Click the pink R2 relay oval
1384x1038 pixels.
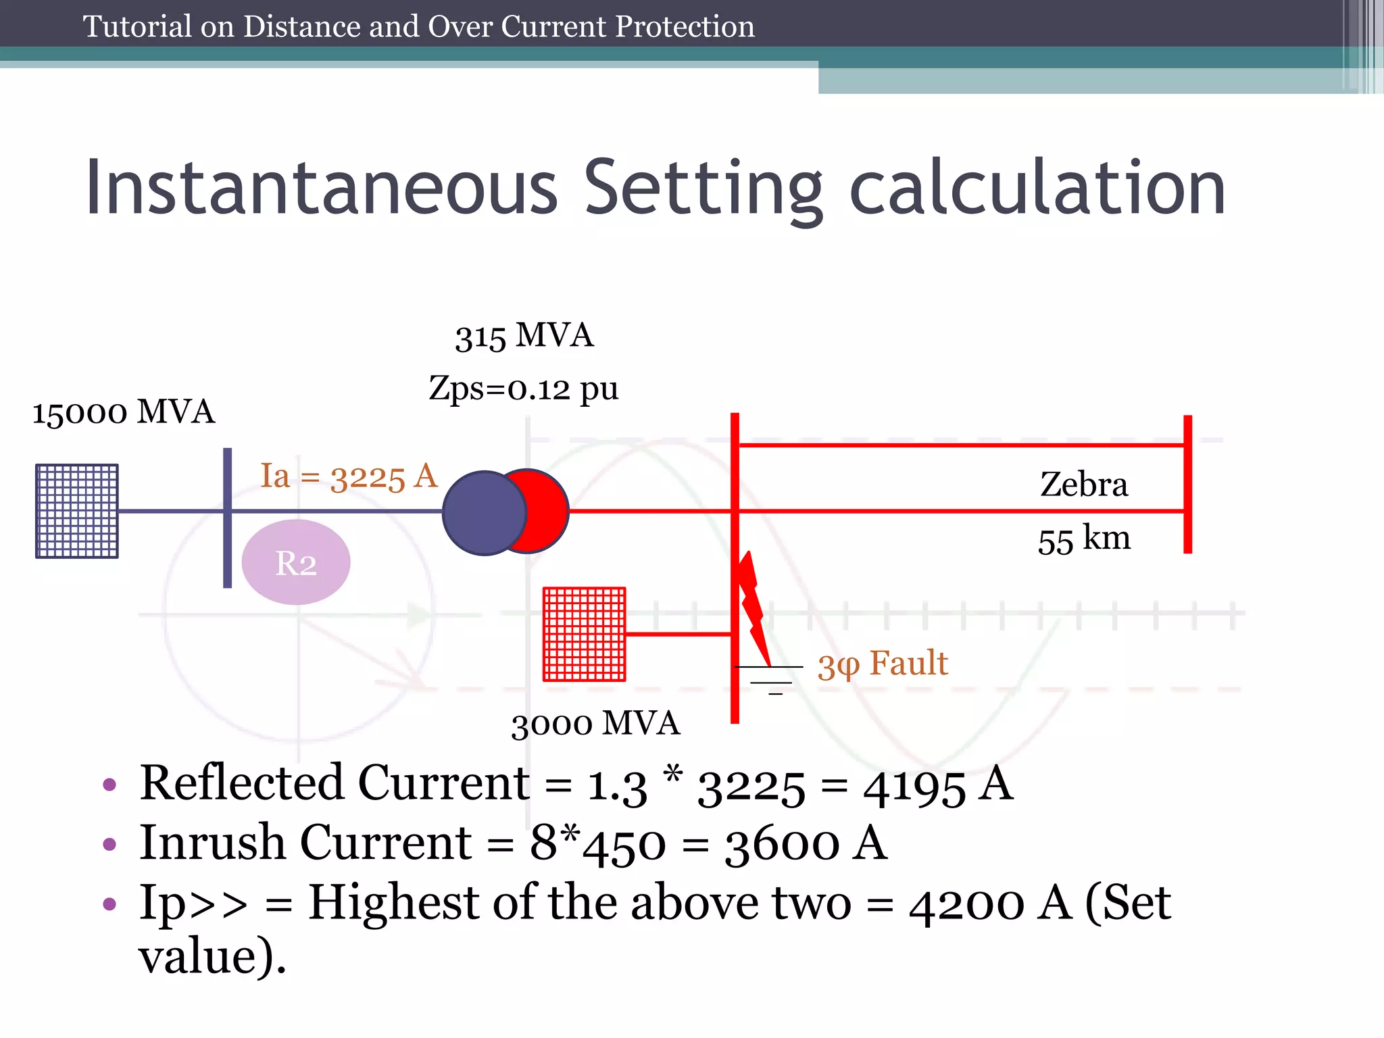[296, 562]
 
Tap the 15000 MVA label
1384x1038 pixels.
[124, 412]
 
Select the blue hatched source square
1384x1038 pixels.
[77, 511]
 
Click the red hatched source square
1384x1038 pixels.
[585, 634]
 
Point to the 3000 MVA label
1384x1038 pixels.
[595, 724]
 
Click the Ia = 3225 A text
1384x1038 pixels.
[349, 476]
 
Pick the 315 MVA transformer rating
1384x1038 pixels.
[524, 336]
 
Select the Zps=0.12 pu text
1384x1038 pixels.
[524, 389]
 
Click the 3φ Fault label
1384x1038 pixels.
[883, 664]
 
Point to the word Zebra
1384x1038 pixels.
[1084, 485]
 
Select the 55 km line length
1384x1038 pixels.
[1084, 539]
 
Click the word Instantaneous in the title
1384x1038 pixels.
[322, 187]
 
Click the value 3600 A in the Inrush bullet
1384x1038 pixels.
[806, 844]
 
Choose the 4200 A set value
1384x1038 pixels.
[990, 904]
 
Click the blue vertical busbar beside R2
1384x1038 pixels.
[228, 518]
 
